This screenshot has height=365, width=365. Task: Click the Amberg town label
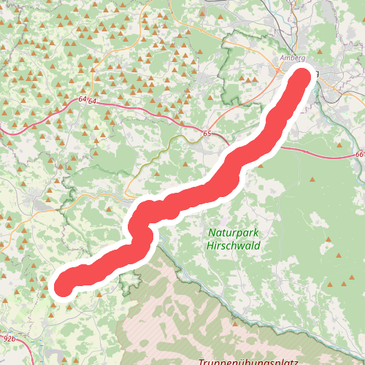click(x=292, y=58)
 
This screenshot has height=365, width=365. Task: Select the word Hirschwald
click(x=233, y=246)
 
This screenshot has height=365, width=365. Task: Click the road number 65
click(x=207, y=134)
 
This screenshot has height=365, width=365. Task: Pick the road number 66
click(x=361, y=155)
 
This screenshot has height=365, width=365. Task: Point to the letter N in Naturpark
click(x=212, y=232)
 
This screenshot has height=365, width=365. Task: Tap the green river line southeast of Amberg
click(x=343, y=109)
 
